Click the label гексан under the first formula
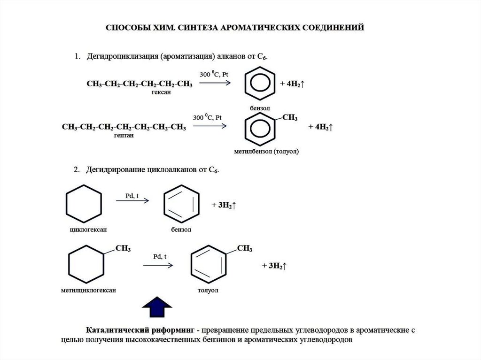coord(161,92)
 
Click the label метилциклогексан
coord(88,291)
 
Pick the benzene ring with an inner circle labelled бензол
coord(260,83)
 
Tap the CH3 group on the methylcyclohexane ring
coord(123,248)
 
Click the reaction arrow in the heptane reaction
coord(211,126)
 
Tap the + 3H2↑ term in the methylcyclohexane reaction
coord(274,266)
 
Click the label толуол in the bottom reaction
coord(208,291)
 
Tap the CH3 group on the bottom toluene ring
coord(245,248)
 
